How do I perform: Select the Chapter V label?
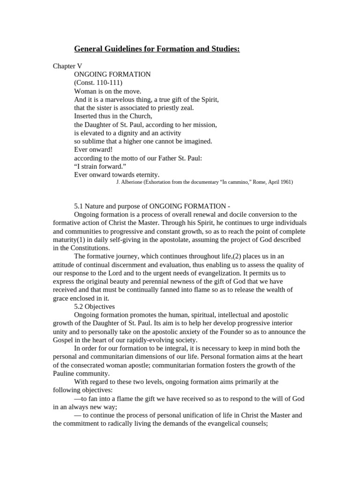coord(67,66)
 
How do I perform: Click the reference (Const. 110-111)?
coord(98,83)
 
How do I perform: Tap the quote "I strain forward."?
coord(100,166)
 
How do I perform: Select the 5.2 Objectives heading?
coord(95,306)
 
